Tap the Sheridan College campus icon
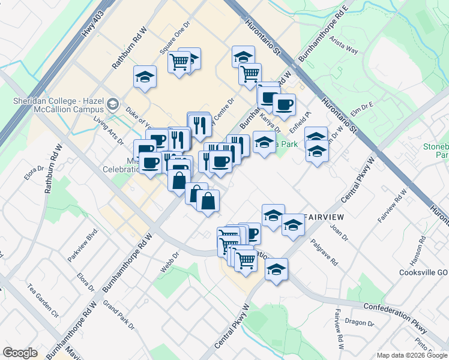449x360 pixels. tap(112, 106)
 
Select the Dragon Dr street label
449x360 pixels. tap(363, 324)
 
